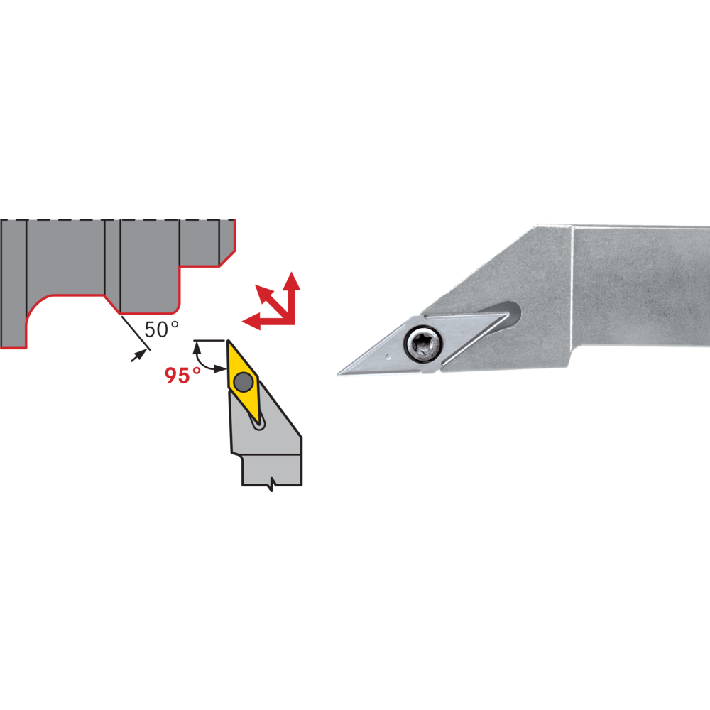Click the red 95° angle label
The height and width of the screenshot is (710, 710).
(182, 376)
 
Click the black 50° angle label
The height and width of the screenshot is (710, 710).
(162, 329)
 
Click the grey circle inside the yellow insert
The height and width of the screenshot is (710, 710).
(244, 382)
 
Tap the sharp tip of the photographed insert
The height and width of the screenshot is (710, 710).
(339, 374)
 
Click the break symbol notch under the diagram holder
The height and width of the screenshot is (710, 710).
(271, 484)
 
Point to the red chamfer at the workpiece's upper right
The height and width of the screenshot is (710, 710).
(227, 258)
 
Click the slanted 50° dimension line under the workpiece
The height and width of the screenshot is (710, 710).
(136, 333)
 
